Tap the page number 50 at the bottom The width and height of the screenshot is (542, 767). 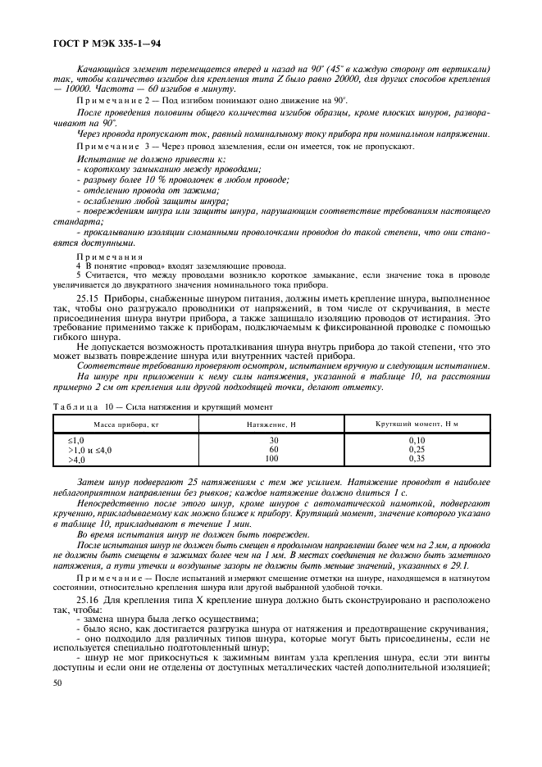click(57, 682)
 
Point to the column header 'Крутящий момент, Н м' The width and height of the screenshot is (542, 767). click(417, 423)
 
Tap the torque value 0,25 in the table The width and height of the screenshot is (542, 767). click(417, 450)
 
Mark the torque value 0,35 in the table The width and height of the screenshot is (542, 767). click(417, 459)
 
